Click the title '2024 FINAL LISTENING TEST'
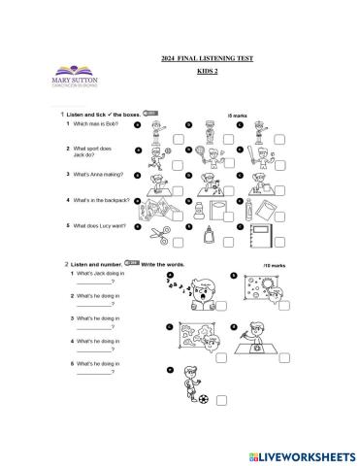[206, 59]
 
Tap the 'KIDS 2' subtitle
[207, 72]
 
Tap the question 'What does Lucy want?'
[97, 226]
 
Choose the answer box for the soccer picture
[221, 400]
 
